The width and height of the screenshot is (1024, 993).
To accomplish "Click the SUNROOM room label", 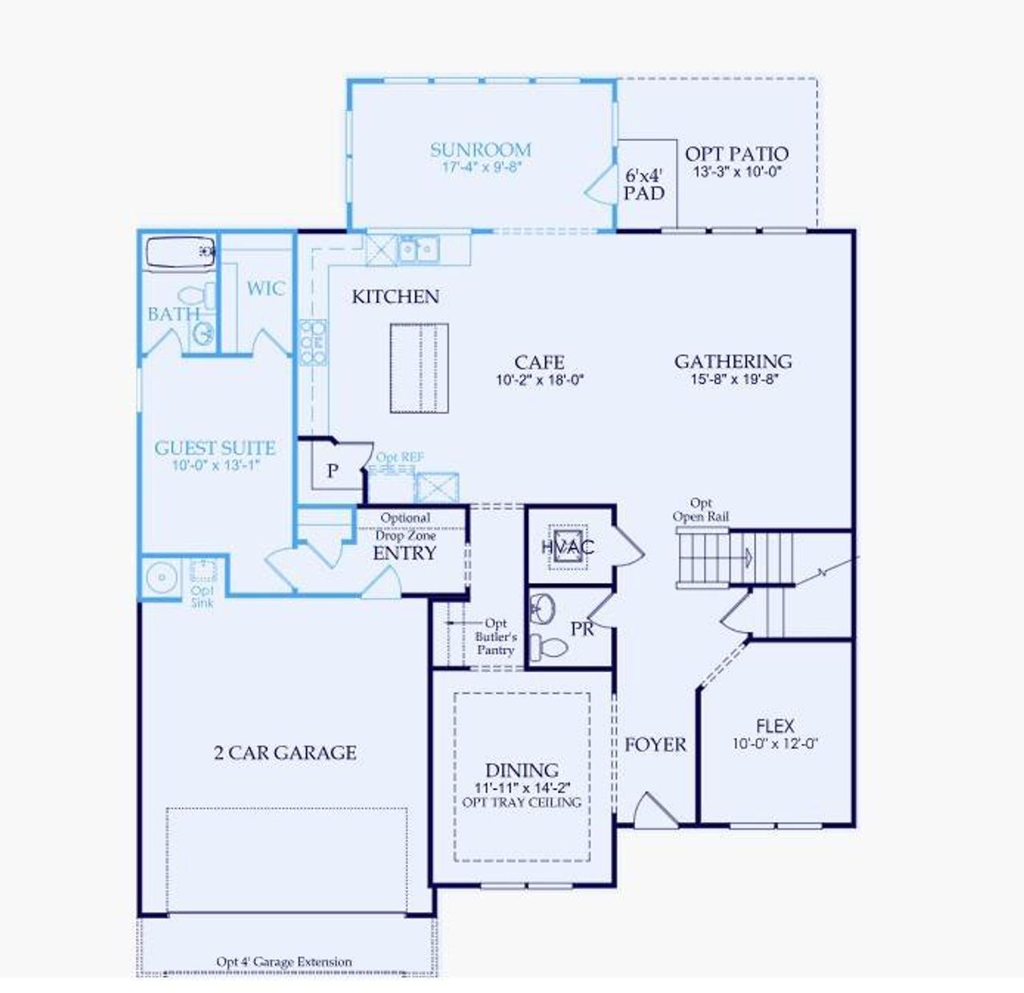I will click(x=480, y=150).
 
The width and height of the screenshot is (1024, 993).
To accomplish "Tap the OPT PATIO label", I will click(x=736, y=154).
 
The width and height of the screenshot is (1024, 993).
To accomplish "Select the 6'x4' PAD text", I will click(x=644, y=184).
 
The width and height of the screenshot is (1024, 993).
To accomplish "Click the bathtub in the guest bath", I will click(x=181, y=252).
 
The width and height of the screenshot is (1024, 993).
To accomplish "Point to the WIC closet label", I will click(x=265, y=288).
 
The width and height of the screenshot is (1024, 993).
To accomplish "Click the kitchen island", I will click(x=418, y=368).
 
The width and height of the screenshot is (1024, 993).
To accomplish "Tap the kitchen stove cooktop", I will click(x=312, y=342).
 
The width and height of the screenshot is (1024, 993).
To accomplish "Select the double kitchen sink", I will click(x=418, y=250).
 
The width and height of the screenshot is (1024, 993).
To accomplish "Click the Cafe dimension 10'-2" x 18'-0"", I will click(x=539, y=380).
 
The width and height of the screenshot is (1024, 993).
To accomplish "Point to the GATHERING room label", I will click(x=733, y=362).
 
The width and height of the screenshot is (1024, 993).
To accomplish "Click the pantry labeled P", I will click(x=332, y=471).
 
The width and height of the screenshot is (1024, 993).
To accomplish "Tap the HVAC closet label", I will click(x=567, y=547).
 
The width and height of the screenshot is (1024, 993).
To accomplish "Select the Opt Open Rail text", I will click(x=701, y=510).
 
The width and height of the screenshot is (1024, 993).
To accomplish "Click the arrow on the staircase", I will click(x=748, y=557).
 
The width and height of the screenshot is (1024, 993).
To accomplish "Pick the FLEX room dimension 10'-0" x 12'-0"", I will click(x=774, y=743).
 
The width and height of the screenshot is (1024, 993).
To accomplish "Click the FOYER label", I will click(x=655, y=745).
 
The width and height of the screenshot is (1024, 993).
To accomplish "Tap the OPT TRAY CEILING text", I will click(x=522, y=802).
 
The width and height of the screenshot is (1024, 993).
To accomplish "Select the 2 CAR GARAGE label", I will click(x=285, y=752).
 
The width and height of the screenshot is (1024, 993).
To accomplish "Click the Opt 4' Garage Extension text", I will click(x=284, y=961).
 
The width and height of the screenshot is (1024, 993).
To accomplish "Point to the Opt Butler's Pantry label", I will click(x=495, y=637).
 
